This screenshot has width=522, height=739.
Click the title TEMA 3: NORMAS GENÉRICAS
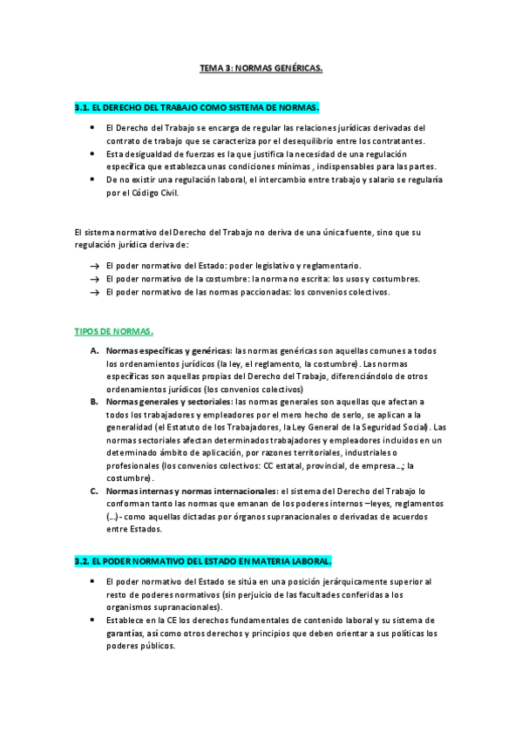coord(261,66)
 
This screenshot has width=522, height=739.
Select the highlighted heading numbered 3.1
coord(198,107)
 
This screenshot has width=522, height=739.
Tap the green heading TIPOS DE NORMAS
coord(115,331)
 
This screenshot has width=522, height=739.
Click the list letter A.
coord(94,350)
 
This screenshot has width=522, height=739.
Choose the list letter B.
coord(94,402)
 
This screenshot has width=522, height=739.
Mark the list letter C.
coord(94,491)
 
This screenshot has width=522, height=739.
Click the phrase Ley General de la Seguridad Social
coord(354,428)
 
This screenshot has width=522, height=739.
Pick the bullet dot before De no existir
coord(92,180)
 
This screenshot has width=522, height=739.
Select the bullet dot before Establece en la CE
coord(92,620)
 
